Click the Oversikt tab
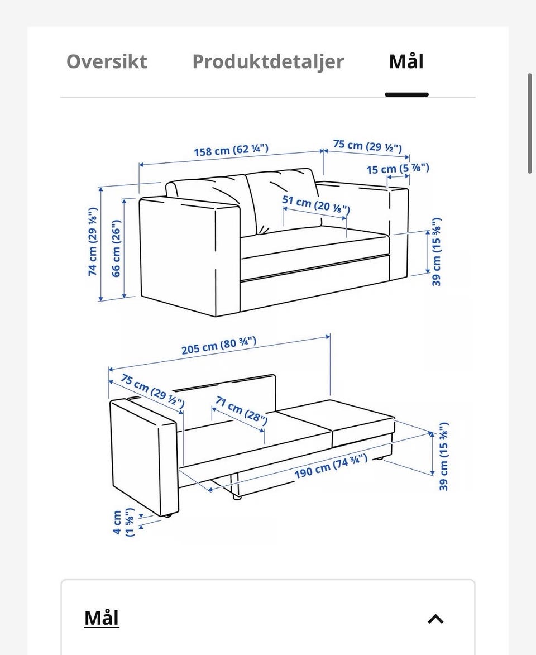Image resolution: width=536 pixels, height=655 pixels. pos(107,61)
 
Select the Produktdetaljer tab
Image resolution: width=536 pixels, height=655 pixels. pos(268,62)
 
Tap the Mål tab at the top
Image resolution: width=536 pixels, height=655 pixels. pos(406,61)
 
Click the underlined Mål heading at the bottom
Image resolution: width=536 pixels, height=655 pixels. pos(102,618)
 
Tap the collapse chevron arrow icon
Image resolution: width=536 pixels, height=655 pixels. pos(435,619)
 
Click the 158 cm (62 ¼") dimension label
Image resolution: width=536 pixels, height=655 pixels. pos(231,150)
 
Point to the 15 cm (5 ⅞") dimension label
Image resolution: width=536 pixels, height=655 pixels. pos(398,169)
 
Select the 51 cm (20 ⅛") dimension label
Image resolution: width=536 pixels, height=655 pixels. pos(316,204)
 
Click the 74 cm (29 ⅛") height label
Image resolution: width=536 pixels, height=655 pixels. pos(93,241)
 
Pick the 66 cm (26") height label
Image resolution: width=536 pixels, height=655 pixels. pos(116,248)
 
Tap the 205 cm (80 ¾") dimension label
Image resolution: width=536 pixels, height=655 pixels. pos(218,346)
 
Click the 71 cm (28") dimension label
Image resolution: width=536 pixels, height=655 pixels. pos(241,410)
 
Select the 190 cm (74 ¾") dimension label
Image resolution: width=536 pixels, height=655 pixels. pos(331,466)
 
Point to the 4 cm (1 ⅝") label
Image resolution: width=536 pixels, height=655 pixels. pos(123,522)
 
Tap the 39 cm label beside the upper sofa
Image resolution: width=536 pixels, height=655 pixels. pos(436,252)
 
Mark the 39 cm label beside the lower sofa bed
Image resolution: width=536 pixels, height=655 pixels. pos(444,456)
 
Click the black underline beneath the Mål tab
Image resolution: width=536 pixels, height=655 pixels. pos(407,95)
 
